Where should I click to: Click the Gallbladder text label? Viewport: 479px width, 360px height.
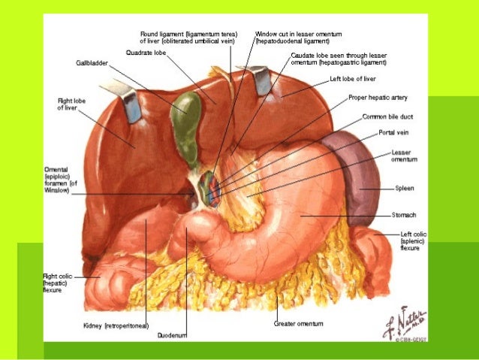[x=93, y=63]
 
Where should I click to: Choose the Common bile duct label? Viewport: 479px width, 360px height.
[x=386, y=117]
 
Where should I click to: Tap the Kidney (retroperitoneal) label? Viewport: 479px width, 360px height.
[x=116, y=325]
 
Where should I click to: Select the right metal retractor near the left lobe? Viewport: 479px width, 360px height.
[x=264, y=80]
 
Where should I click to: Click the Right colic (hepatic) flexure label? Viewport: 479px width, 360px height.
[x=60, y=283]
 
